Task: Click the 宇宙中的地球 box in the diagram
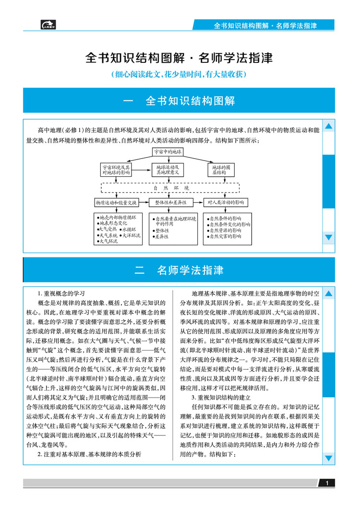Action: click(x=168, y=151)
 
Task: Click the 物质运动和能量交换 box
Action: click(x=116, y=202)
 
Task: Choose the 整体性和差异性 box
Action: click(x=170, y=202)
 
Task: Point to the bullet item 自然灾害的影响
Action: click(x=225, y=236)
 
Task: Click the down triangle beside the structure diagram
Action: click(x=329, y=237)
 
